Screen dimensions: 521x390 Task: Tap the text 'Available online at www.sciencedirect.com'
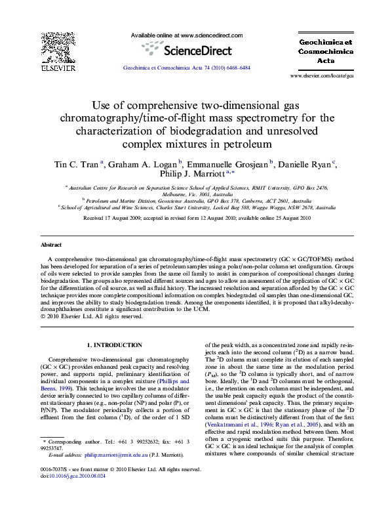(x=187, y=35)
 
